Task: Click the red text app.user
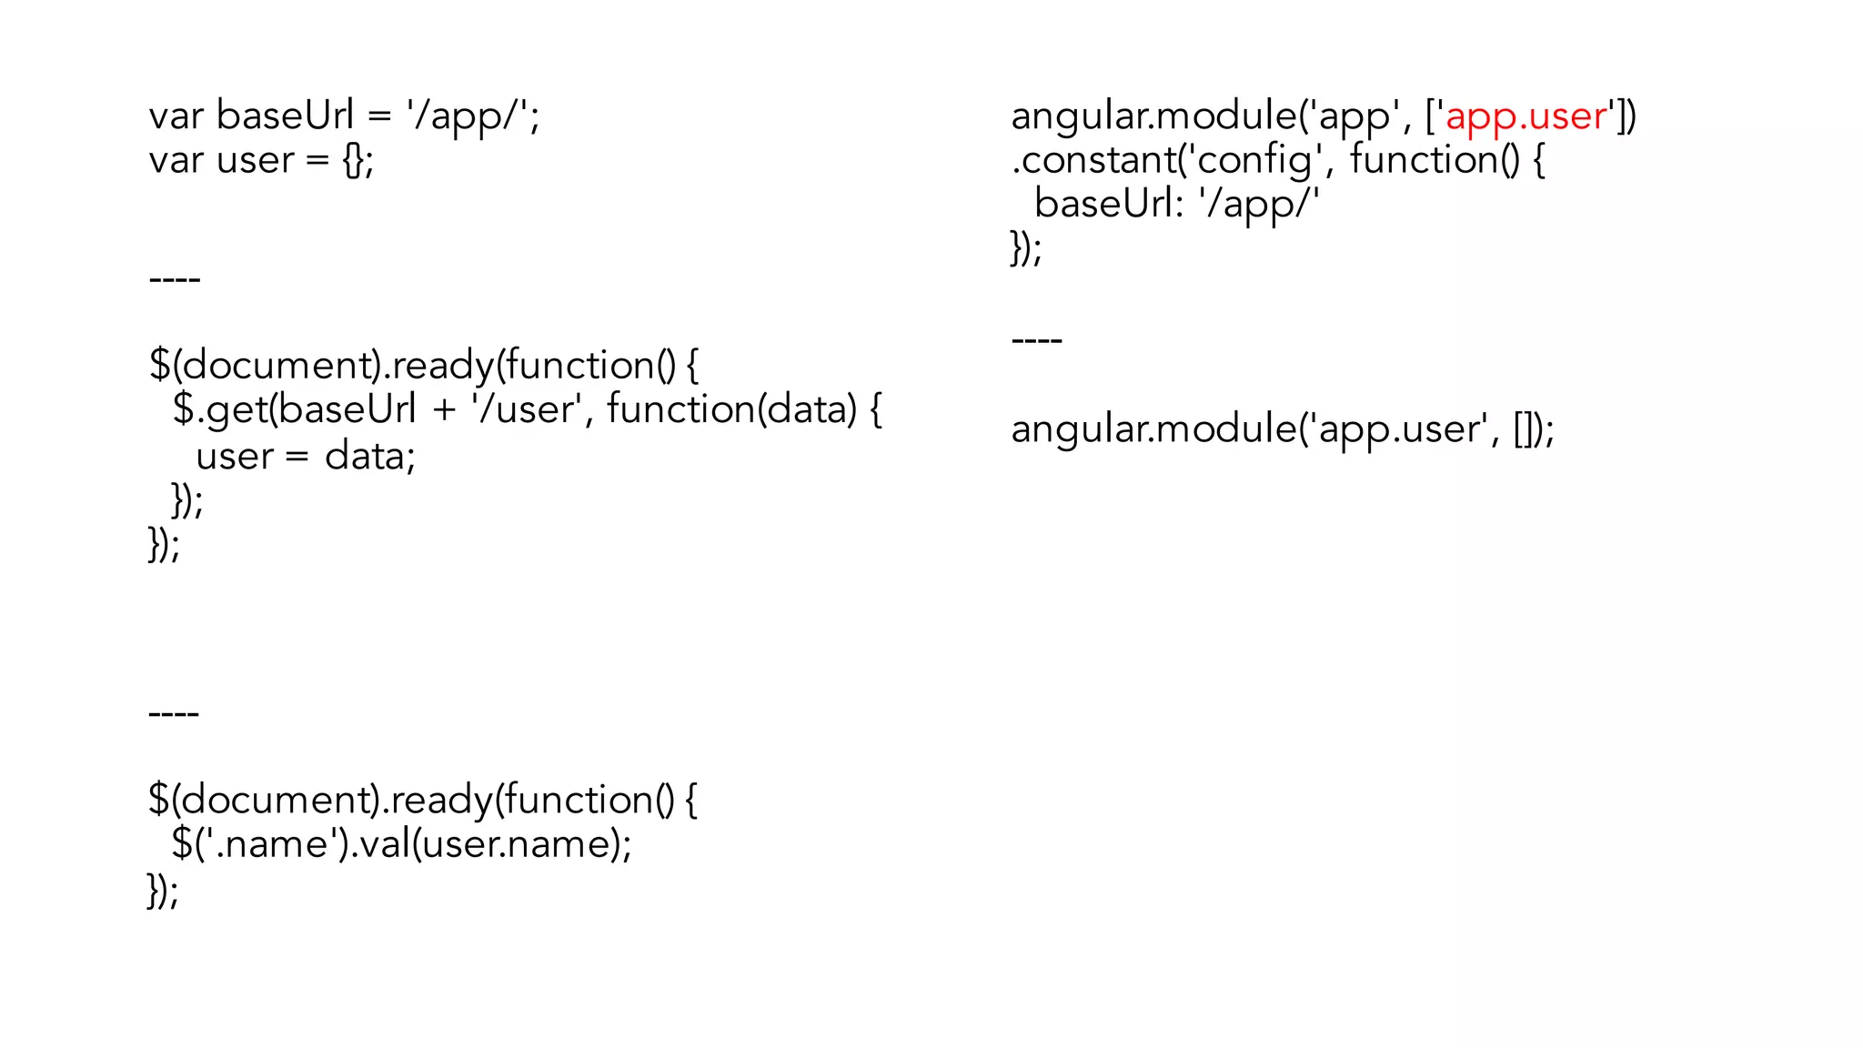coord(1526,116)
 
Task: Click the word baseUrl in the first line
coord(285,116)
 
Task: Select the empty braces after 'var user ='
coord(354,161)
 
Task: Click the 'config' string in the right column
coord(1254,161)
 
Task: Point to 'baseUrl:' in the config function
coord(1109,204)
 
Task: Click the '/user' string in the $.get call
coord(526,409)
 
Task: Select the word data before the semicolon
coord(365,456)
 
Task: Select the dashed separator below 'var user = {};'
coord(175,279)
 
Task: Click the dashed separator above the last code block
coord(174,713)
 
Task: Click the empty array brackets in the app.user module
coord(1525,429)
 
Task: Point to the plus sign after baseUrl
coord(444,410)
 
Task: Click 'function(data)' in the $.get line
coord(731,409)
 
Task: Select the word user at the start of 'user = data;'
coord(234,456)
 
